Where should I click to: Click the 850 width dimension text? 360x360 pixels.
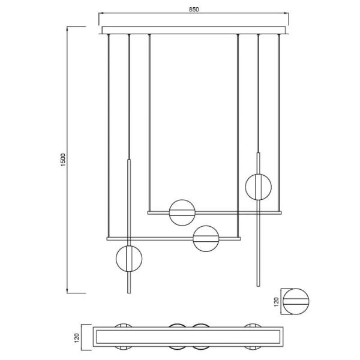coord(194,10)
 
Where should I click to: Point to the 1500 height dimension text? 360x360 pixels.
coord(63,160)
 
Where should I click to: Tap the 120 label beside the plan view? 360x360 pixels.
coord(76,340)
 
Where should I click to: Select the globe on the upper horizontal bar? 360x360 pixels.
coord(182,212)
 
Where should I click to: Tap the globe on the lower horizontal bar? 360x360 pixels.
coord(205,238)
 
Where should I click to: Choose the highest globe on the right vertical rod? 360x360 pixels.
coord(259,187)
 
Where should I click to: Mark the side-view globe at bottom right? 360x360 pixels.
coord(297,302)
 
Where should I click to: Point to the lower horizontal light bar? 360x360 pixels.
coord(174,239)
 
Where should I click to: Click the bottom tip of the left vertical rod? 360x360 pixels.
coord(129,292)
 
